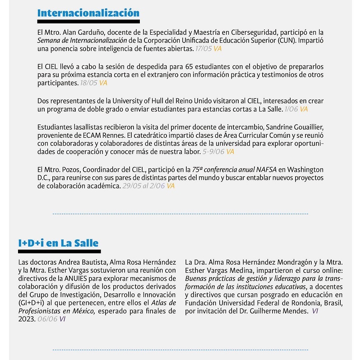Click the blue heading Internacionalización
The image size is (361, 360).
[x=88, y=13]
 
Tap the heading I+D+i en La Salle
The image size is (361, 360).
[x=58, y=243]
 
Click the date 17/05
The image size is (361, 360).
[x=204, y=49]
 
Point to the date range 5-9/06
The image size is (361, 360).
[x=214, y=152]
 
